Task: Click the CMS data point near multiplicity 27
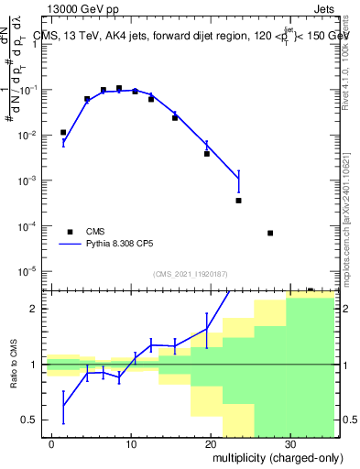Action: [270, 233]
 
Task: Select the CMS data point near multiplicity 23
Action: [238, 200]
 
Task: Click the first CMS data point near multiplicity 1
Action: [63, 133]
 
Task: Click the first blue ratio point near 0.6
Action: [63, 407]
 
